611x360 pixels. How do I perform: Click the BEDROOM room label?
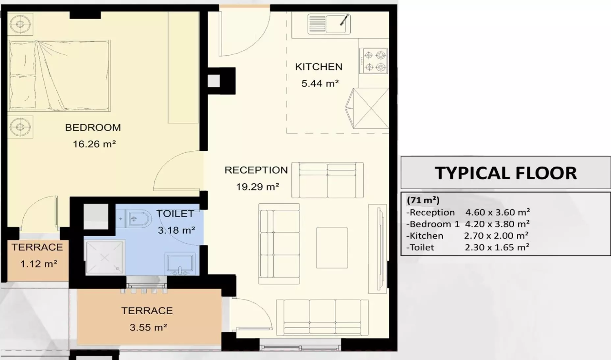(x=93, y=127)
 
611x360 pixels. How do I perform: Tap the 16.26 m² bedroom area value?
(x=94, y=144)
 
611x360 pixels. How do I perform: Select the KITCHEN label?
(x=319, y=67)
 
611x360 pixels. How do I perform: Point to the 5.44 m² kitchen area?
(x=320, y=83)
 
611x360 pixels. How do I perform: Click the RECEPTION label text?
(x=256, y=170)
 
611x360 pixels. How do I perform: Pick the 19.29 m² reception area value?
(x=257, y=187)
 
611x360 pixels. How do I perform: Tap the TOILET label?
(x=175, y=214)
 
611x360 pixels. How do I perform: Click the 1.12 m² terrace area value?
(x=39, y=264)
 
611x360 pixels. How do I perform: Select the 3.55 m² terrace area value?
(x=148, y=327)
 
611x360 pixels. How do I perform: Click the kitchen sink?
(x=329, y=24)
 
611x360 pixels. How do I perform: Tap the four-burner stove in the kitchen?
(x=374, y=61)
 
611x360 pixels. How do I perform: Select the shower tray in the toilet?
(x=105, y=258)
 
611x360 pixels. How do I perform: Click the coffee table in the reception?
(x=332, y=248)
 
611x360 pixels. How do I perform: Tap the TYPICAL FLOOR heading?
(x=506, y=173)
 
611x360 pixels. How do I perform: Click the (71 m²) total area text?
(x=423, y=200)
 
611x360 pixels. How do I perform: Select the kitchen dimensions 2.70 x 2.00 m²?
(x=496, y=236)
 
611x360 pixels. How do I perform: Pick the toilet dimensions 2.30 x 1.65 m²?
(x=497, y=247)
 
